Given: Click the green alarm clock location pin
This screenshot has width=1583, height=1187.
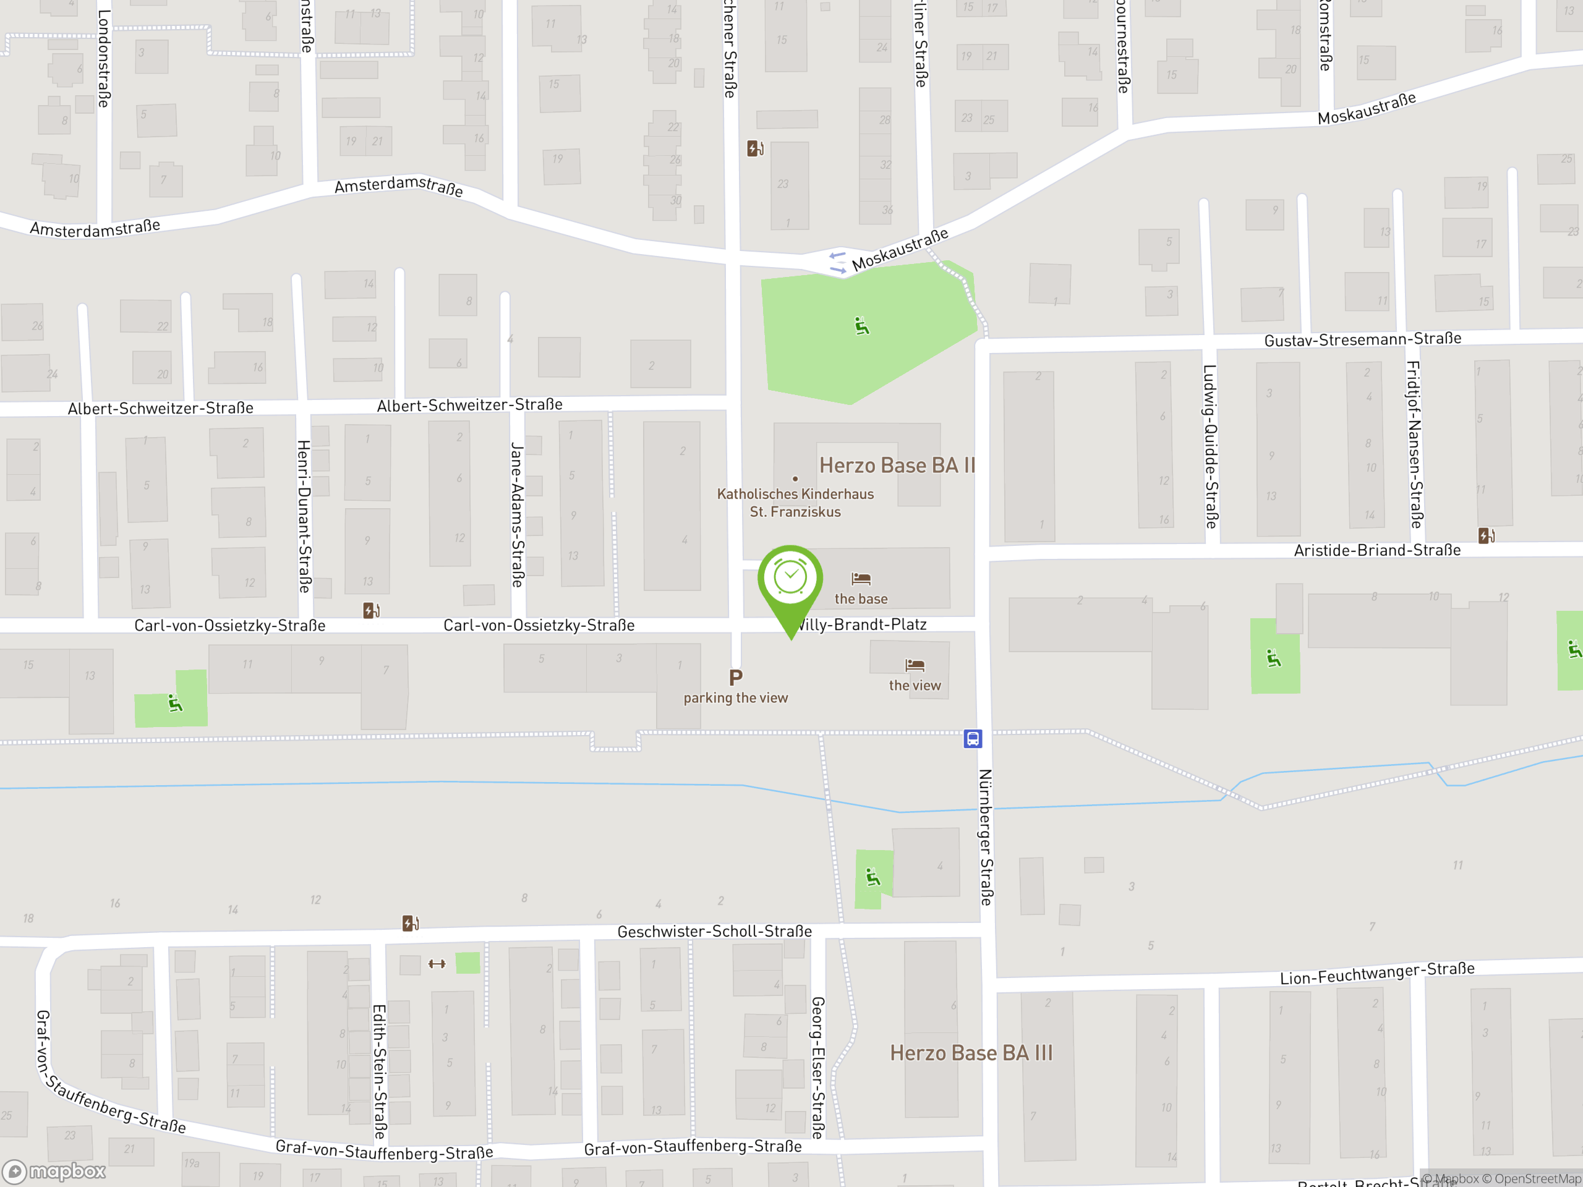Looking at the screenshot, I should click(790, 579).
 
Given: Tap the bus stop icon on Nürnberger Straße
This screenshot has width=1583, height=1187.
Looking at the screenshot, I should click(973, 738).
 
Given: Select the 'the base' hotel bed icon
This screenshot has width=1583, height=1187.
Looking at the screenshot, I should click(861, 578).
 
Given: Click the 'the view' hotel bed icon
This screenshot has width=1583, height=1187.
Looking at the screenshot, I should click(915, 665).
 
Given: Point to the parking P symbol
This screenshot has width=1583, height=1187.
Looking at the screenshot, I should click(736, 677).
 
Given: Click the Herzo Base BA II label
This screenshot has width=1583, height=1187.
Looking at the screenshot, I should click(897, 466).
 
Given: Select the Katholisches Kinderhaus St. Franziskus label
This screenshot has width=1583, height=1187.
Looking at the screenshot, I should click(795, 502).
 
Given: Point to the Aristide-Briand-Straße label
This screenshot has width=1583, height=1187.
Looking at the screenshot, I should click(1377, 550).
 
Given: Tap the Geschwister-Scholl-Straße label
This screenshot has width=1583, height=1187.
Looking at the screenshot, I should click(714, 932).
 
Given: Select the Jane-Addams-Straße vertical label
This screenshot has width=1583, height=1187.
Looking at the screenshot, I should click(518, 514).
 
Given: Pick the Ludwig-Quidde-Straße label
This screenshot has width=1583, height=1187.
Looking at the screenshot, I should click(1210, 446).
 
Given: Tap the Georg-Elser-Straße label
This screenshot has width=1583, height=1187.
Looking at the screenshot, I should click(818, 1067).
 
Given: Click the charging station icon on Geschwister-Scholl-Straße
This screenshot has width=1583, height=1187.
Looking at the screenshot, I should click(410, 923).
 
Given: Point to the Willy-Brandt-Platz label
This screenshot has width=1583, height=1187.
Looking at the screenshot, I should click(863, 624).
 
